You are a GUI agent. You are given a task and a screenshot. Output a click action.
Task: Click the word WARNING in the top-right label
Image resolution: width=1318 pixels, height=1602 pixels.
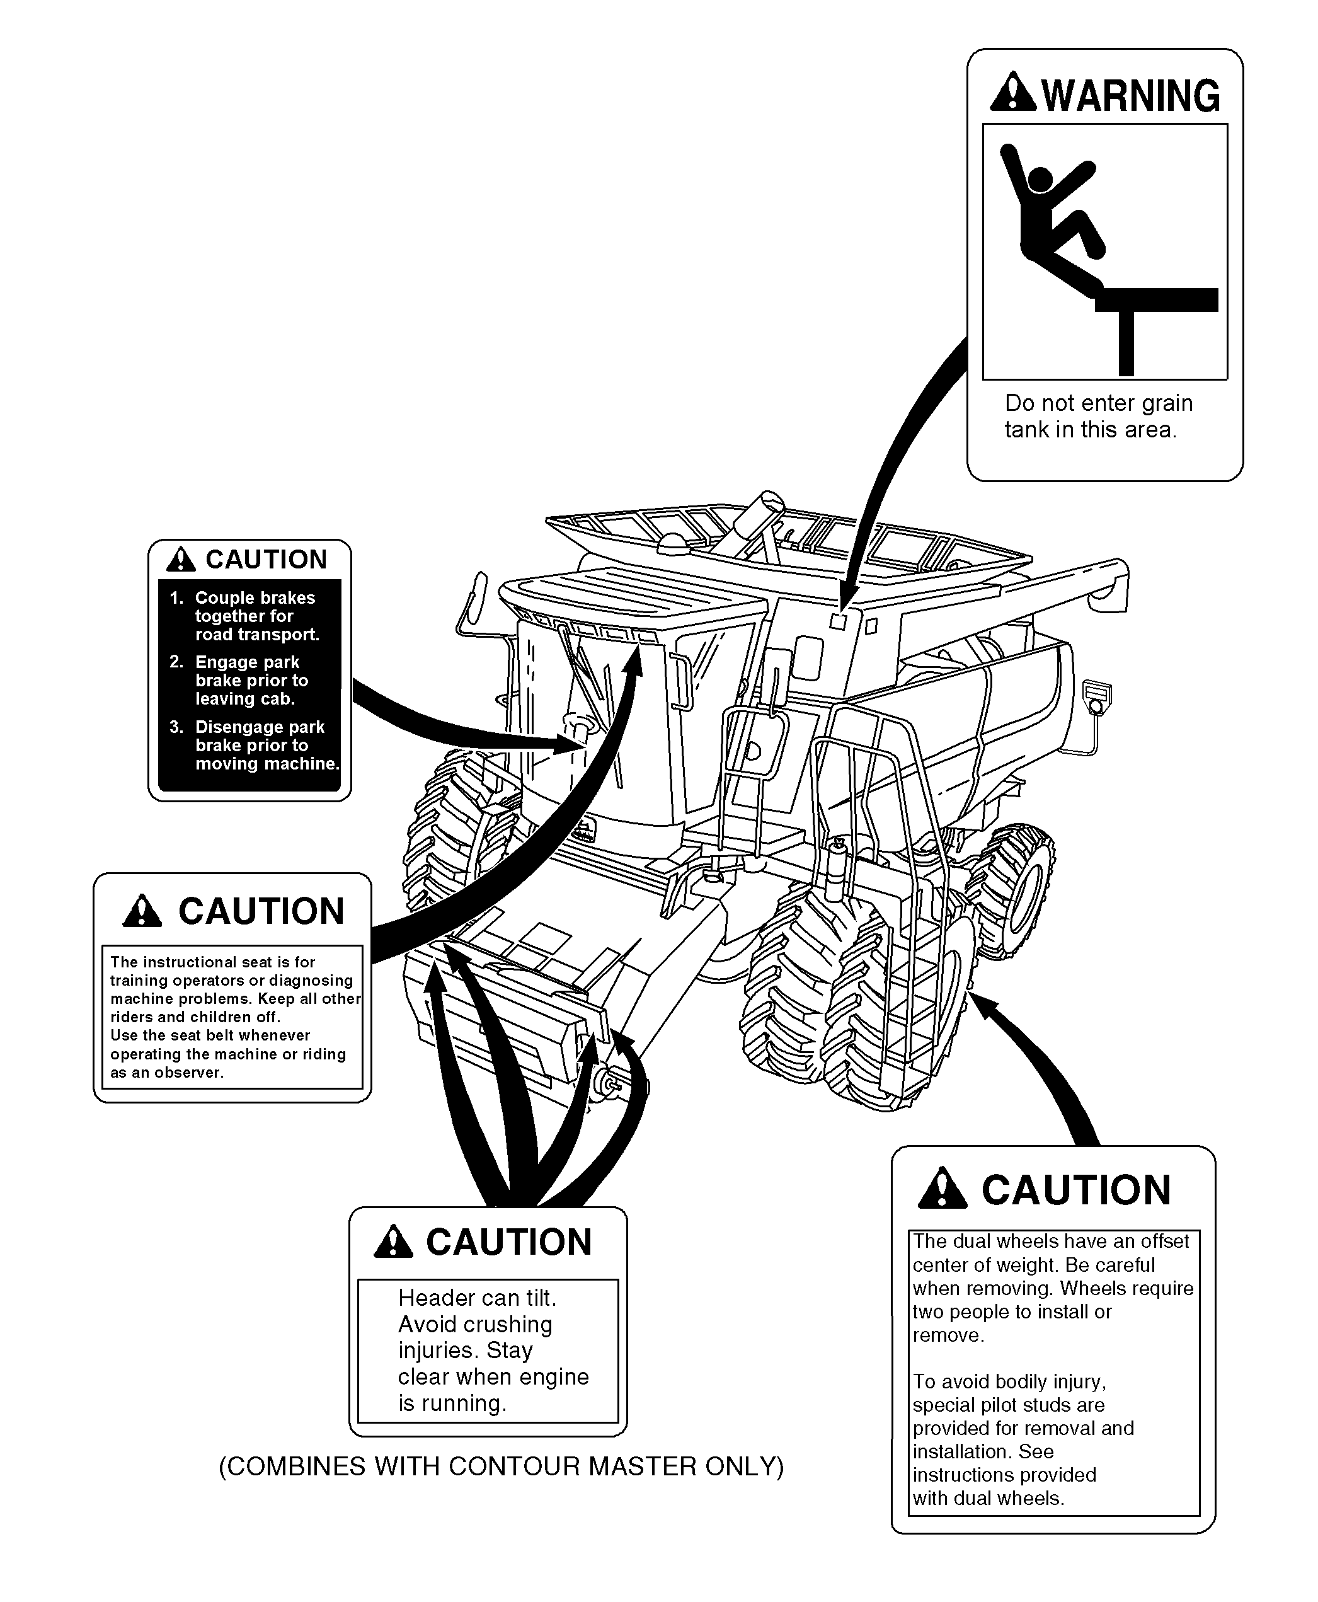(1130, 96)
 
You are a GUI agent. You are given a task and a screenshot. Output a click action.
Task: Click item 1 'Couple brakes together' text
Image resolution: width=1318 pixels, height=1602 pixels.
(255, 616)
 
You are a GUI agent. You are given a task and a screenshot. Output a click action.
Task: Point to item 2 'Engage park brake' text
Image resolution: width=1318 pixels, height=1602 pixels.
(251, 680)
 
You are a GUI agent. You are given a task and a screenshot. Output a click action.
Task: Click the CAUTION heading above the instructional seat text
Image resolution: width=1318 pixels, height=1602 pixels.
(261, 911)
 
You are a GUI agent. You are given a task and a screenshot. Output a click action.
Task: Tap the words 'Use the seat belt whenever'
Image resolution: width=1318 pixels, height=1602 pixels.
(210, 1035)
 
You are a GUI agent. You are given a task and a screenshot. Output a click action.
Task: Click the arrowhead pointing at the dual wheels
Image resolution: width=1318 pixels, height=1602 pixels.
(985, 1005)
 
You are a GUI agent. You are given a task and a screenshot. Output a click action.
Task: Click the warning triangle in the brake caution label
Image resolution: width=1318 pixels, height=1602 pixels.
(181, 560)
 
